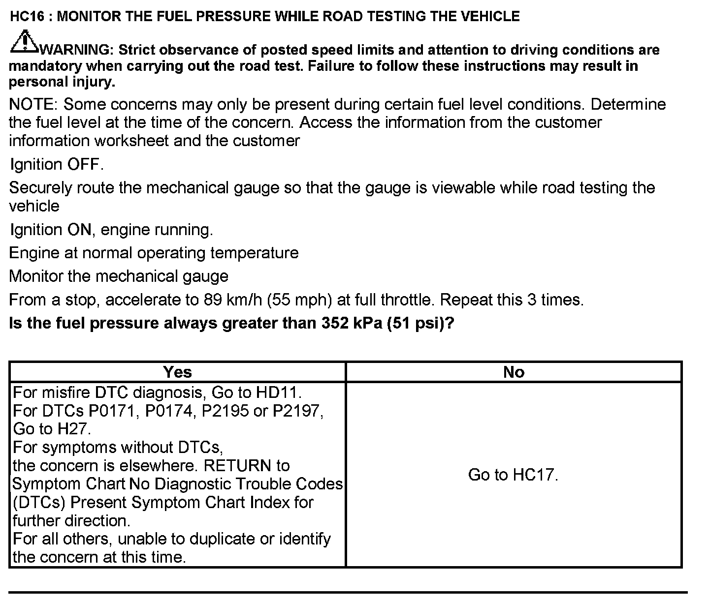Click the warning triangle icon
coord(23,42)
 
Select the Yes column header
coord(177,372)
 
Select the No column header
coord(514,372)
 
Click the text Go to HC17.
coord(513,475)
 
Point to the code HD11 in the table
coord(277,393)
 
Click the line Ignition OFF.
coord(57,164)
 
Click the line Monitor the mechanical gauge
coord(119,276)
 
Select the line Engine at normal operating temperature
coord(154,253)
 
